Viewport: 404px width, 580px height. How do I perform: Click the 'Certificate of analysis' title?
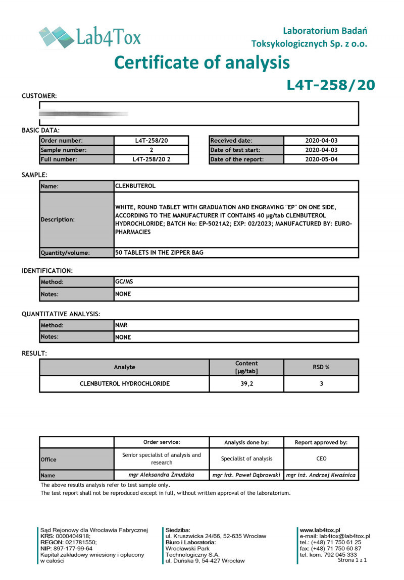[202, 63]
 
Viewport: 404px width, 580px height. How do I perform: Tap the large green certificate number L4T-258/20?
[331, 85]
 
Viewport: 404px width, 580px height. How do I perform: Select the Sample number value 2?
[151, 150]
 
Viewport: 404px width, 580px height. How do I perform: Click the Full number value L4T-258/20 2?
[151, 159]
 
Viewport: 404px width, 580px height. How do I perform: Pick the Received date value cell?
[321, 141]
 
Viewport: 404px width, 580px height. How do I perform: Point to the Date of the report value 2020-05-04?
[321, 159]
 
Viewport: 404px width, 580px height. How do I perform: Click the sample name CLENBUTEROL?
[135, 186]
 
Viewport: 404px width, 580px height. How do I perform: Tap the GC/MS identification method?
[124, 282]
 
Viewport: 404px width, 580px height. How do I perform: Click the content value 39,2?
[246, 384]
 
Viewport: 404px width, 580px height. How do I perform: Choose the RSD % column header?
[321, 367]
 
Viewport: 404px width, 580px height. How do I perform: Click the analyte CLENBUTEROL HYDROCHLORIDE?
[125, 384]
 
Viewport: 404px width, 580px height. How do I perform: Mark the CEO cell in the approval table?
[321, 458]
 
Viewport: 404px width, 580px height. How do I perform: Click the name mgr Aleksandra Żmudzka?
[162, 475]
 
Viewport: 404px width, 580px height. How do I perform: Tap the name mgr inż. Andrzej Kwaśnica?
[321, 475]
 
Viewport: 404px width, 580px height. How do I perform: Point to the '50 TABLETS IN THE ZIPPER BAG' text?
[159, 253]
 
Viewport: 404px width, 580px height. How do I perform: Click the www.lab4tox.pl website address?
[320, 530]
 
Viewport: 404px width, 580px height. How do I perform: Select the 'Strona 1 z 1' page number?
[352, 560]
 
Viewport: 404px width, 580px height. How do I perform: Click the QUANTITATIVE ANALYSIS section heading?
[61, 314]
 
